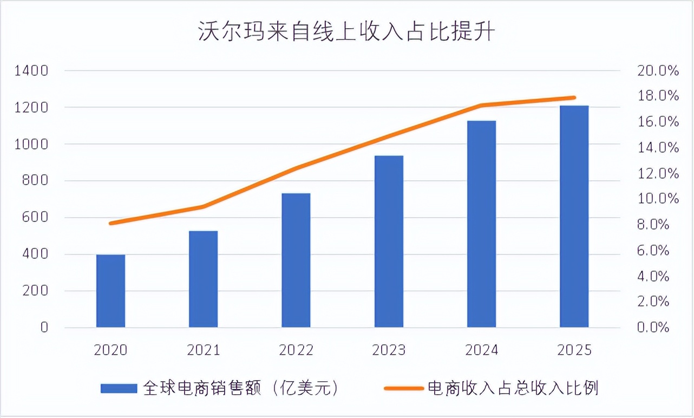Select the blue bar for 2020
(x=110, y=291)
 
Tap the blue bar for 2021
(x=204, y=279)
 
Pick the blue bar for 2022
(x=296, y=260)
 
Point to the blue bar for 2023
(x=389, y=241)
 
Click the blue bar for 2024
(x=481, y=224)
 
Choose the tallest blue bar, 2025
(x=574, y=217)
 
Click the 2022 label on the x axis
(x=296, y=350)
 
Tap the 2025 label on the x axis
(x=574, y=350)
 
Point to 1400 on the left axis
(x=32, y=71)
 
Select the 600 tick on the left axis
(x=36, y=218)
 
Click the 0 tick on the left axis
(x=44, y=328)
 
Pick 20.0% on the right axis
(x=658, y=71)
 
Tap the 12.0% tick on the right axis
(x=658, y=174)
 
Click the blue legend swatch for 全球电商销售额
(x=119, y=388)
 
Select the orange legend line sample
(x=403, y=388)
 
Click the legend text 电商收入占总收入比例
(x=513, y=388)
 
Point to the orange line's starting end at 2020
(x=111, y=223)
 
